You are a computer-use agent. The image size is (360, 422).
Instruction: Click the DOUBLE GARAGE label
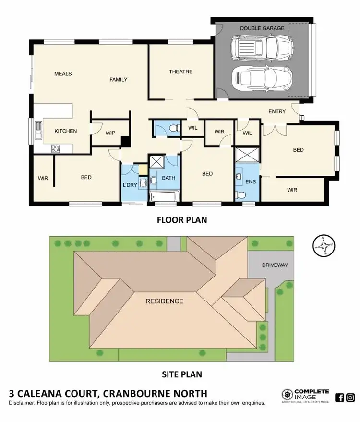[x=262, y=28]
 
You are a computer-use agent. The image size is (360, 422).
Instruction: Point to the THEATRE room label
[x=180, y=72]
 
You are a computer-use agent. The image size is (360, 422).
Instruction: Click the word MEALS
[x=63, y=74]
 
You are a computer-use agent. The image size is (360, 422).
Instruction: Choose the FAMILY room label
[x=118, y=79]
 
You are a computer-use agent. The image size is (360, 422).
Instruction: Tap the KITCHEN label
[x=65, y=131]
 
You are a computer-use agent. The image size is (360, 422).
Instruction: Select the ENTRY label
[x=277, y=112]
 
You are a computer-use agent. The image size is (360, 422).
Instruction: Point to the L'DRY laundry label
[x=130, y=185]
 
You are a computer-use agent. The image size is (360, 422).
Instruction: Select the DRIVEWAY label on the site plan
[x=275, y=265]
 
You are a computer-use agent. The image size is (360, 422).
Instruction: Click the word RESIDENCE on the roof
[x=165, y=301]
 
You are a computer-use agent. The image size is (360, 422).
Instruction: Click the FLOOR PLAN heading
[x=182, y=220]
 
